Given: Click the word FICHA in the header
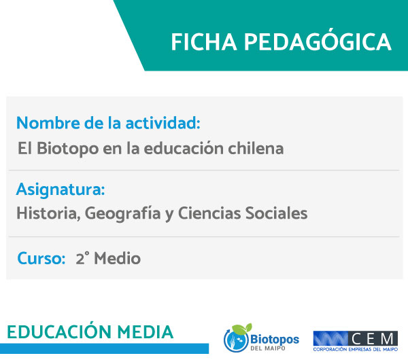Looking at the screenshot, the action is coord(204,42).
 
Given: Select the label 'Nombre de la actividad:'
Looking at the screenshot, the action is coord(108,123).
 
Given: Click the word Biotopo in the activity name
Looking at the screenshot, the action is coord(67,149).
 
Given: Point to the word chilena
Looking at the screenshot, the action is coord(256,149).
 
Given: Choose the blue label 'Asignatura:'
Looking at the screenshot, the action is coord(61,190).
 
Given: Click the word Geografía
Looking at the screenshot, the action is coord(122,214).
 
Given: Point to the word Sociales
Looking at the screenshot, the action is coord(276,213).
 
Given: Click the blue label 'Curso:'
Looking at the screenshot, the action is coord(41,258).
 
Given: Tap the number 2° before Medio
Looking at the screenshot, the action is coord(82,258).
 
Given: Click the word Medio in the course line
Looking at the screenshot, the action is coord(118,258).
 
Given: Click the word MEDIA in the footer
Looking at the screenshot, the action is coord(146,332).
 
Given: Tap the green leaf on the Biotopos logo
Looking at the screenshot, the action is coord(242,328).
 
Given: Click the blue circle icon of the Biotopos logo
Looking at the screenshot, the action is coord(236,340).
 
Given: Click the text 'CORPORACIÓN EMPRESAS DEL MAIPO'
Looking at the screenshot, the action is coord(356,349).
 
